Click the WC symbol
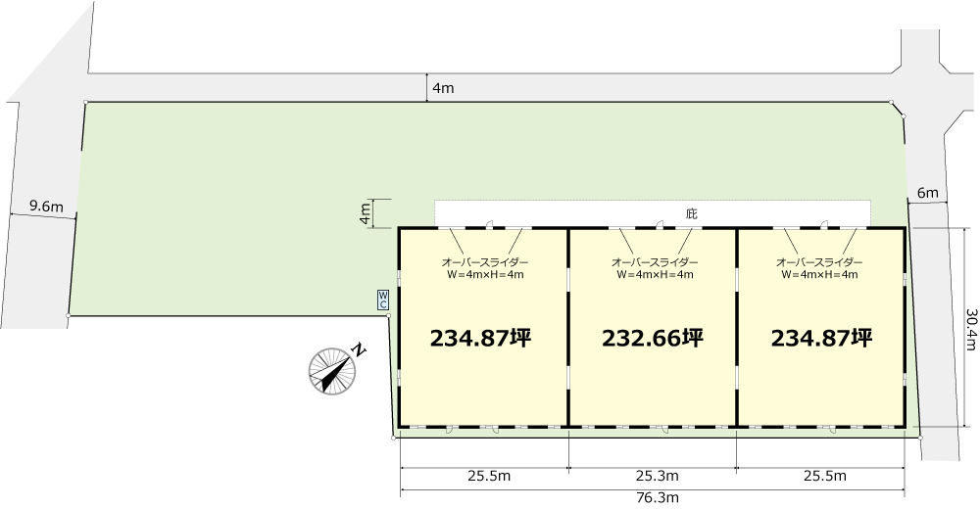pyautogui.click(x=382, y=300)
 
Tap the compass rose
pyautogui.click(x=332, y=372)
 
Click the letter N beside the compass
pyautogui.click(x=359, y=349)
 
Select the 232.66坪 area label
pyautogui.click(x=653, y=338)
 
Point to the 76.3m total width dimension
pyautogui.click(x=653, y=498)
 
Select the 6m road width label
pyautogui.click(x=927, y=193)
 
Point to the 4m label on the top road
pyautogui.click(x=443, y=88)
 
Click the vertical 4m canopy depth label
pyautogui.click(x=365, y=214)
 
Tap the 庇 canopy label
pyautogui.click(x=691, y=213)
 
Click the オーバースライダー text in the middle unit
pyautogui.click(x=655, y=262)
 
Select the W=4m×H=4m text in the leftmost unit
pyautogui.click(x=485, y=274)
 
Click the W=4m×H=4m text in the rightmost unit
pyautogui.click(x=819, y=274)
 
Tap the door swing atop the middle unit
pyautogui.click(x=660, y=223)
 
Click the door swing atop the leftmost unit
pyautogui.click(x=491, y=223)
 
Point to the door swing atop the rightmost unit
pyautogui.click(x=825, y=223)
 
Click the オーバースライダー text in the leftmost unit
pyautogui.click(x=485, y=262)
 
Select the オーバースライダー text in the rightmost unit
pyautogui.click(x=819, y=262)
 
